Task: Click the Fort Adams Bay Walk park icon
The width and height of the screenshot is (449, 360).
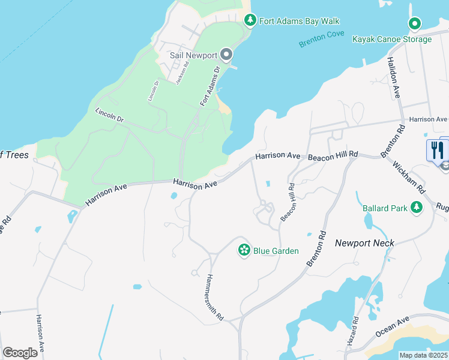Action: (250, 20)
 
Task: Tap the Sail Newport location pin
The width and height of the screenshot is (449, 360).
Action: (226, 55)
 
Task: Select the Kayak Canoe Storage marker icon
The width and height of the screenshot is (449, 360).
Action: (414, 24)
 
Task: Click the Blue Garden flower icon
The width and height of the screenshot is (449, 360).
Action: (244, 250)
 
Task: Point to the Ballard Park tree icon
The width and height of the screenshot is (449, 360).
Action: (416, 208)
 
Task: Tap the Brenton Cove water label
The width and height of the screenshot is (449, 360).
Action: (322, 38)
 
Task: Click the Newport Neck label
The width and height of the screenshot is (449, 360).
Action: (364, 243)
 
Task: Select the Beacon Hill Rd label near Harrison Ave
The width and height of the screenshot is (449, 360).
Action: (333, 155)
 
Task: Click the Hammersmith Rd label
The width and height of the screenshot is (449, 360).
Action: (215, 297)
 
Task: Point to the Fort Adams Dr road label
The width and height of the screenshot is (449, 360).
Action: (211, 86)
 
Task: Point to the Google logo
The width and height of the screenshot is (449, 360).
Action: (20, 353)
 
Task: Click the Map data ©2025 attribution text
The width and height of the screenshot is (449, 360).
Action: (423, 355)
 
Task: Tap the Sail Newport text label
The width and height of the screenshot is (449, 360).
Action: (193, 55)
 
